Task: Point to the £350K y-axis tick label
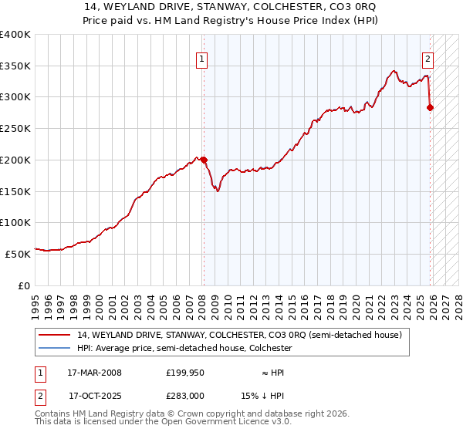[x=15, y=66]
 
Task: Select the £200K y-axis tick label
[x=15, y=160]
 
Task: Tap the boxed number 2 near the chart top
[x=428, y=57]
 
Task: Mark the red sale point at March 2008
[x=204, y=160]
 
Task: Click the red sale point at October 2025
[x=430, y=108]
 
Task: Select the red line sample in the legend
[x=56, y=336]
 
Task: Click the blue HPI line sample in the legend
[x=56, y=348]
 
